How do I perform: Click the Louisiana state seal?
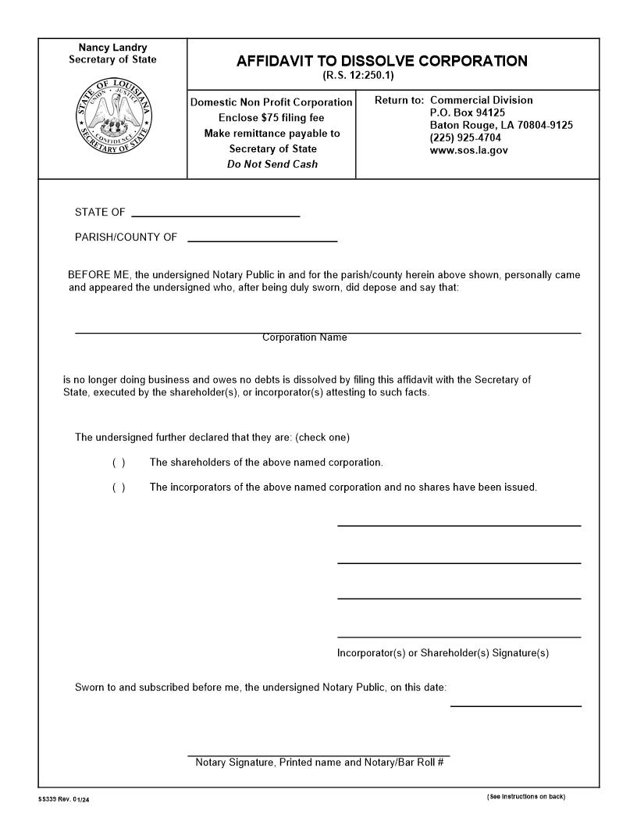coord(114,120)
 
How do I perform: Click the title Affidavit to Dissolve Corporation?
coord(382,61)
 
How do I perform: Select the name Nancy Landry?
coord(112,48)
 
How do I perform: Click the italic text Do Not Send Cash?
coord(272,164)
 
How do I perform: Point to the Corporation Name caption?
coord(304,337)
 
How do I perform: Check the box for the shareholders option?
coord(119,462)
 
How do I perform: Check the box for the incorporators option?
coord(119,487)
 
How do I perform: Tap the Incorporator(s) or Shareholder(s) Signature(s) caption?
coord(443,653)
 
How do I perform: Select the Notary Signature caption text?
coord(319,762)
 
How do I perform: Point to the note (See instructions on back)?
coord(525,797)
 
